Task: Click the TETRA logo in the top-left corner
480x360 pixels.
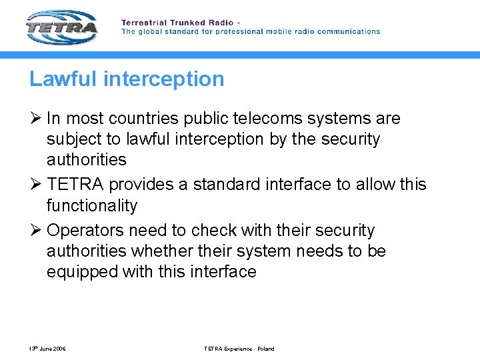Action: click(61, 27)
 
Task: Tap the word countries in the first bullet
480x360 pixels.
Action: click(143, 119)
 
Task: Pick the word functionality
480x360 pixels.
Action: click(91, 205)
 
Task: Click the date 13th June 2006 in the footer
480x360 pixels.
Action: click(47, 349)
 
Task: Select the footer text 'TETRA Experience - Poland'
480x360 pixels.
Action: click(239, 349)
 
